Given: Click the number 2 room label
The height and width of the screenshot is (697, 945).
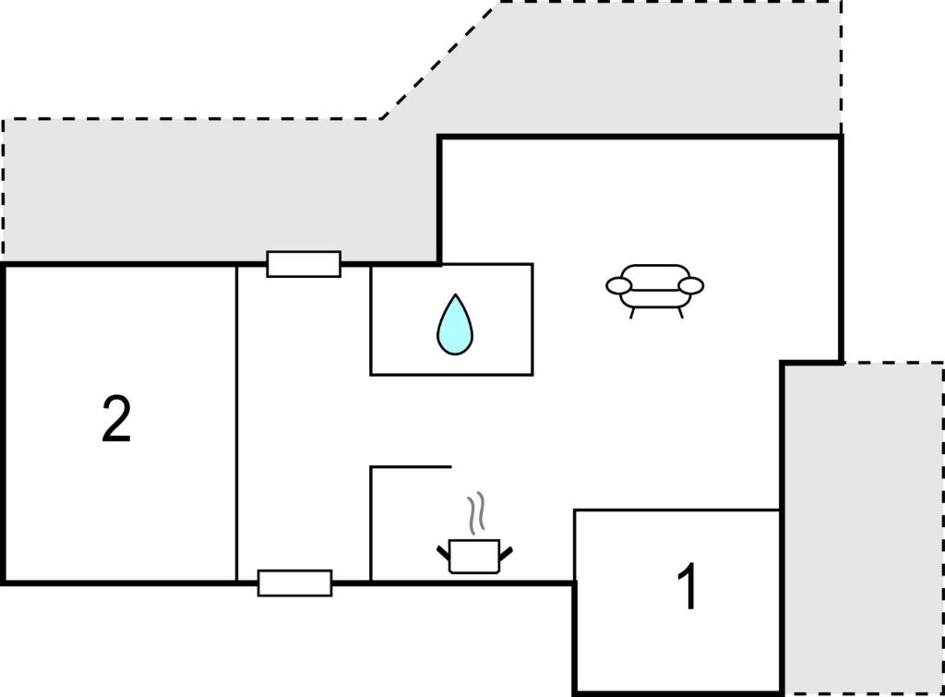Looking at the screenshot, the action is (116, 420).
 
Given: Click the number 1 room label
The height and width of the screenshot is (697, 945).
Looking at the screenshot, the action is (688, 586).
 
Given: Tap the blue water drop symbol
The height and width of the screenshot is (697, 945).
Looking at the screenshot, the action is (455, 324).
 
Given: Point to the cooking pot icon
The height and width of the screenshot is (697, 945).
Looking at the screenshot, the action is (474, 556).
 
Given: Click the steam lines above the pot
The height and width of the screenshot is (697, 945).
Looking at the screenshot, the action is (476, 513).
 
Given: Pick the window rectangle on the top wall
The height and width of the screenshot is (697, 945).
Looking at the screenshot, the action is (304, 264).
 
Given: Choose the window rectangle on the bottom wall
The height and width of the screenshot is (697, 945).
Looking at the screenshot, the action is (294, 583).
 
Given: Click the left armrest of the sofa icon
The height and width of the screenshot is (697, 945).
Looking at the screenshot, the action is (619, 286).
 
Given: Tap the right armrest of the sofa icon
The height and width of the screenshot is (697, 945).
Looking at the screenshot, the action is (690, 286).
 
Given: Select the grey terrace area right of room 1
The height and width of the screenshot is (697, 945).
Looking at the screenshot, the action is (864, 528).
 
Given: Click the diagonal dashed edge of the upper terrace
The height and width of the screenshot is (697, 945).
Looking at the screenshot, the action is (440, 60).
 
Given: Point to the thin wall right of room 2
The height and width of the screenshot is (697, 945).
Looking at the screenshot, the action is (237, 424).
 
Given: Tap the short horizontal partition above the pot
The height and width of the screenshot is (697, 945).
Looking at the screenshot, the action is (411, 466).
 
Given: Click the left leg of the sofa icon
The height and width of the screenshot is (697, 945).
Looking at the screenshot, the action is (632, 312).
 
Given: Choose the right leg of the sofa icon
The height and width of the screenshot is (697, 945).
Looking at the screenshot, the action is (680, 312).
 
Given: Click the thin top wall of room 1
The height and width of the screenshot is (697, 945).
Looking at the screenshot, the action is (677, 511).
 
